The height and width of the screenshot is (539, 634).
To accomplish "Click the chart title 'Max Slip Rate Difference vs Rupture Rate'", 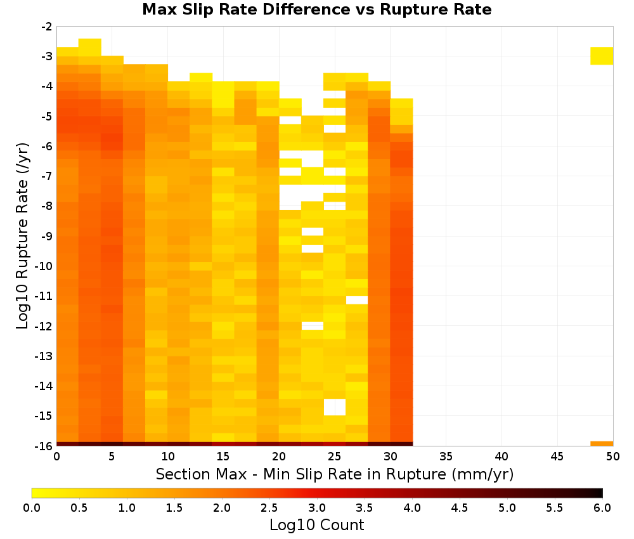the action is pyautogui.click(x=316, y=9).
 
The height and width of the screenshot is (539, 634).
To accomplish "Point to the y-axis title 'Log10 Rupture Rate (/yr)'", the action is pyautogui.click(x=22, y=236).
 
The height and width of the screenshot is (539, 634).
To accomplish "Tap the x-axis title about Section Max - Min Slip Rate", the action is pyautogui.click(x=335, y=474).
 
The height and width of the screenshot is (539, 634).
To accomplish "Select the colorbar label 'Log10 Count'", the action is pyautogui.click(x=316, y=525).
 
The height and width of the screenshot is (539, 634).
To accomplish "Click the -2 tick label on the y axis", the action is pyautogui.click(x=47, y=27).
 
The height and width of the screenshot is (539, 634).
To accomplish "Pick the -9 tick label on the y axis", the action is pyautogui.click(x=47, y=236).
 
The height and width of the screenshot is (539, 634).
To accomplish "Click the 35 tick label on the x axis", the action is pyautogui.click(x=446, y=457).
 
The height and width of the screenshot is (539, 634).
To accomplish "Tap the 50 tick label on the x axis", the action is pyautogui.click(x=613, y=457).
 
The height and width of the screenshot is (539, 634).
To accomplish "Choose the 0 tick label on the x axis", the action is pyautogui.click(x=56, y=457).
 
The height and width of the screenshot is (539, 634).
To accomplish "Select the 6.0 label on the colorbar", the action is pyautogui.click(x=602, y=508).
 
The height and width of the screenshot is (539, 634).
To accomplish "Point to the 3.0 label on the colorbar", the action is pyautogui.click(x=317, y=508).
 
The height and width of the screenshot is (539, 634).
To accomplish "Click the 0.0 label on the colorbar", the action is pyautogui.click(x=32, y=508).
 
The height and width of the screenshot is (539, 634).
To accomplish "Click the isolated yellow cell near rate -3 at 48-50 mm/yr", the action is pyautogui.click(x=602, y=56).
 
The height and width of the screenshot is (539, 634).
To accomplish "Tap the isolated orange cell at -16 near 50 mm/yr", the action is pyautogui.click(x=602, y=444).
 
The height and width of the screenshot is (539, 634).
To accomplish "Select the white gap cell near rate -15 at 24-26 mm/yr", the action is pyautogui.click(x=334, y=407).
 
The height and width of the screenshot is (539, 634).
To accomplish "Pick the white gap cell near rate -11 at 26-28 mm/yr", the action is pyautogui.click(x=356, y=300).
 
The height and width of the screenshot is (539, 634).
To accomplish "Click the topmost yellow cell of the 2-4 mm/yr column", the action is pyautogui.click(x=90, y=48).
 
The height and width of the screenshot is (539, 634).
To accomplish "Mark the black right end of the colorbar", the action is pyautogui.click(x=600, y=493).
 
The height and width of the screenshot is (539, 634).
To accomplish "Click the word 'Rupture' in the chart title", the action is pyautogui.click(x=407, y=10).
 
